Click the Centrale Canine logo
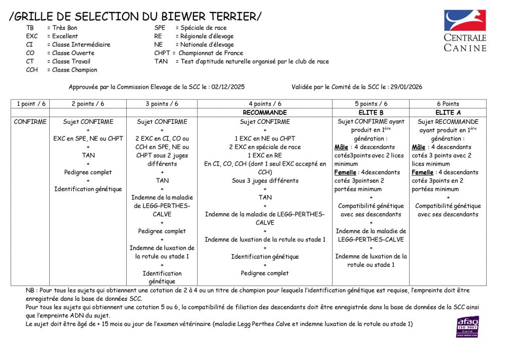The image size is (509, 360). pos(465,30)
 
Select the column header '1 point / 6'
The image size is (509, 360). pos(31,104)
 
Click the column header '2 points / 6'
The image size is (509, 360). pos(88,104)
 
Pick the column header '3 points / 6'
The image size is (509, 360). pos(162,104)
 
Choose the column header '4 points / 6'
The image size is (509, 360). pos(264,104)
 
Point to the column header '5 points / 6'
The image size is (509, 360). pos(371,104)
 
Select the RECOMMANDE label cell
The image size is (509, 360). pos(264,113)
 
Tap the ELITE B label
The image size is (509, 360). pos(371,113)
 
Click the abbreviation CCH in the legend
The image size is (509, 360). pos(32,70)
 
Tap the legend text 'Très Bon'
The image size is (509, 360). pos(65,28)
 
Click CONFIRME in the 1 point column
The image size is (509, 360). pos(30,122)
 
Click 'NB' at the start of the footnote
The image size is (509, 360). pos(30,290)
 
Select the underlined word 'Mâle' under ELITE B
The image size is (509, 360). pos(341,147)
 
